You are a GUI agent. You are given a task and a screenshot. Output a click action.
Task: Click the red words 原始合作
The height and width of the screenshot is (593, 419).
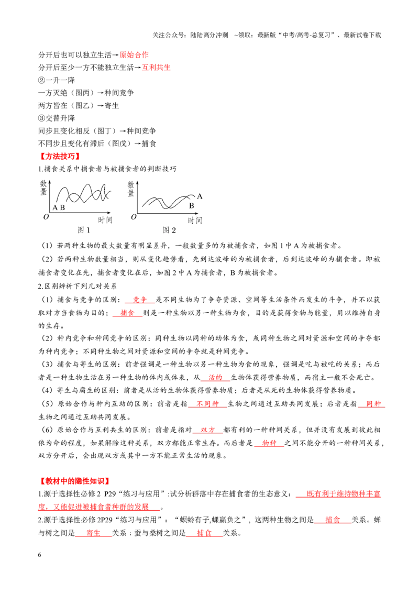tap(134, 55)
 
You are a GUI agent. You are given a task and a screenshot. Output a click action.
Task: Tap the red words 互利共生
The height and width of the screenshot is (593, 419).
tap(156, 68)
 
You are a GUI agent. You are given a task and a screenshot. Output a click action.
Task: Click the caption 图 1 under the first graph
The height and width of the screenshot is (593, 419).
tap(84, 230)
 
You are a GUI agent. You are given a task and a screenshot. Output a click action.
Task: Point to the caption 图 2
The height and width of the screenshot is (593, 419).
tap(169, 230)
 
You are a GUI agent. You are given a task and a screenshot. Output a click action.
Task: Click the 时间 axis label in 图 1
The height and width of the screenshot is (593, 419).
tap(105, 219)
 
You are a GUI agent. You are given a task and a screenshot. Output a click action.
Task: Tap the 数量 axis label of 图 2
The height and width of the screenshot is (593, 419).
tap(131, 189)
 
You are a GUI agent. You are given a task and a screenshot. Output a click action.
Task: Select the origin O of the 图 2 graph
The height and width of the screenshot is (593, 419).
tap(134, 217)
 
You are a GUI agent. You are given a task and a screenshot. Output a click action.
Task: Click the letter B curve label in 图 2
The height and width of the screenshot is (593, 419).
tap(192, 206)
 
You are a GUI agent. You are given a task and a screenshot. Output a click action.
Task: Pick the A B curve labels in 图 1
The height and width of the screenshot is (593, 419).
tap(59, 207)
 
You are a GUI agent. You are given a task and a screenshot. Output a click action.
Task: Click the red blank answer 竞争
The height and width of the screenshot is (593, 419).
tap(139, 300)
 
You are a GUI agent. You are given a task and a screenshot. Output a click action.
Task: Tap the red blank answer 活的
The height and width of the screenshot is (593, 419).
tap(215, 377)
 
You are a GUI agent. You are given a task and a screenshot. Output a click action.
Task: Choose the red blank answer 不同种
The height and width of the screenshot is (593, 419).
tap(207, 404)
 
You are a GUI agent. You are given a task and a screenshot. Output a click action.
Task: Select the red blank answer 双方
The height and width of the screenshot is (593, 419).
tap(207, 430)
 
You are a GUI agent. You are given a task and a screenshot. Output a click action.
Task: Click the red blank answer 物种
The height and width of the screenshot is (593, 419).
tap(269, 443)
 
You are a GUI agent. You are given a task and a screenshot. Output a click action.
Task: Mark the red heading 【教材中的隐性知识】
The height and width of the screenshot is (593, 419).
tap(75, 481)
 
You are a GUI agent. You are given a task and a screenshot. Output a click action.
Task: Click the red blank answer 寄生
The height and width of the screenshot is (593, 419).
tap(93, 533)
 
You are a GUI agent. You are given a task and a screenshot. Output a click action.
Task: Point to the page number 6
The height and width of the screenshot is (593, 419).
tap(40, 555)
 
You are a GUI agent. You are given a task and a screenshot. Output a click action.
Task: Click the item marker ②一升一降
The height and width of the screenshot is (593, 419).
tap(57, 80)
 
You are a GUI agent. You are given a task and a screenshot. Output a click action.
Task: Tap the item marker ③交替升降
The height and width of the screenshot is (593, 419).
tap(57, 118)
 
